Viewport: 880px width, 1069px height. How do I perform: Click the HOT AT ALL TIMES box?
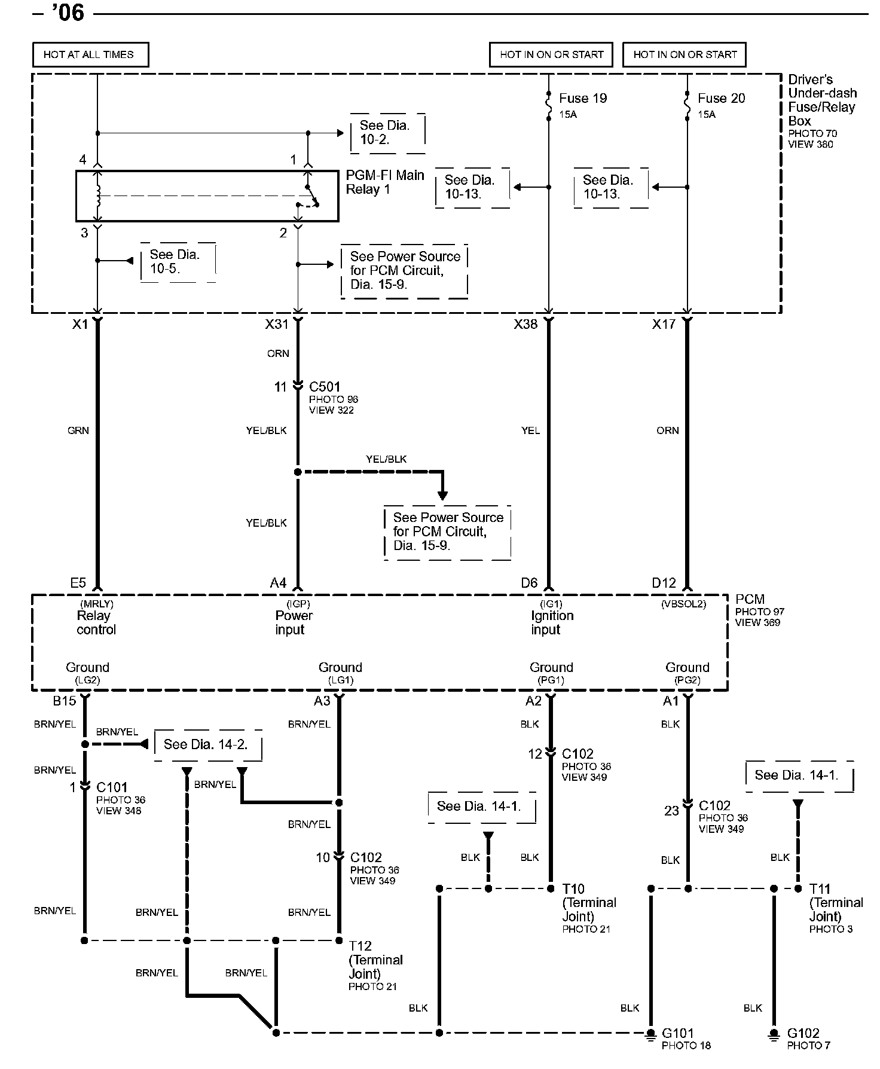[90, 54]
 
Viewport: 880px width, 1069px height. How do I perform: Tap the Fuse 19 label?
[583, 98]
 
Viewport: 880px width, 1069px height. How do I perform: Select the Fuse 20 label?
[722, 98]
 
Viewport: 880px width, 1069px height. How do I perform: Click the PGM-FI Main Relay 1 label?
[384, 182]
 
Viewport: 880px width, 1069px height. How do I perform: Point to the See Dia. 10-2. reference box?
[387, 133]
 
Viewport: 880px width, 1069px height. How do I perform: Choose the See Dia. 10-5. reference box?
[177, 262]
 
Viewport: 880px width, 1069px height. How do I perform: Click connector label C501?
[325, 387]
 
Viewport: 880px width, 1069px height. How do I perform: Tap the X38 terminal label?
[525, 325]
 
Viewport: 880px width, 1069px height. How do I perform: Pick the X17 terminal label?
[664, 325]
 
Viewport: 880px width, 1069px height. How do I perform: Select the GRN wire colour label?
[78, 430]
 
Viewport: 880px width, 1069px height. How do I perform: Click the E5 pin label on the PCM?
[78, 583]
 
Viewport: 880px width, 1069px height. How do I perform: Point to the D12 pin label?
[664, 583]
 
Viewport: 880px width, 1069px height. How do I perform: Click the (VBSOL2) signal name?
[683, 604]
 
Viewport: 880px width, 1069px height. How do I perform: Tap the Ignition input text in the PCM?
[552, 622]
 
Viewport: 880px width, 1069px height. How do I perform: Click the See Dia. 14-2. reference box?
[206, 744]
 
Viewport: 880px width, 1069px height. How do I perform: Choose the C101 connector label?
[112, 787]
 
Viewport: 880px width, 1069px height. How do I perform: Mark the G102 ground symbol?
[774, 1034]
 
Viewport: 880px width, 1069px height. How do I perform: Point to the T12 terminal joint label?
[360, 946]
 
